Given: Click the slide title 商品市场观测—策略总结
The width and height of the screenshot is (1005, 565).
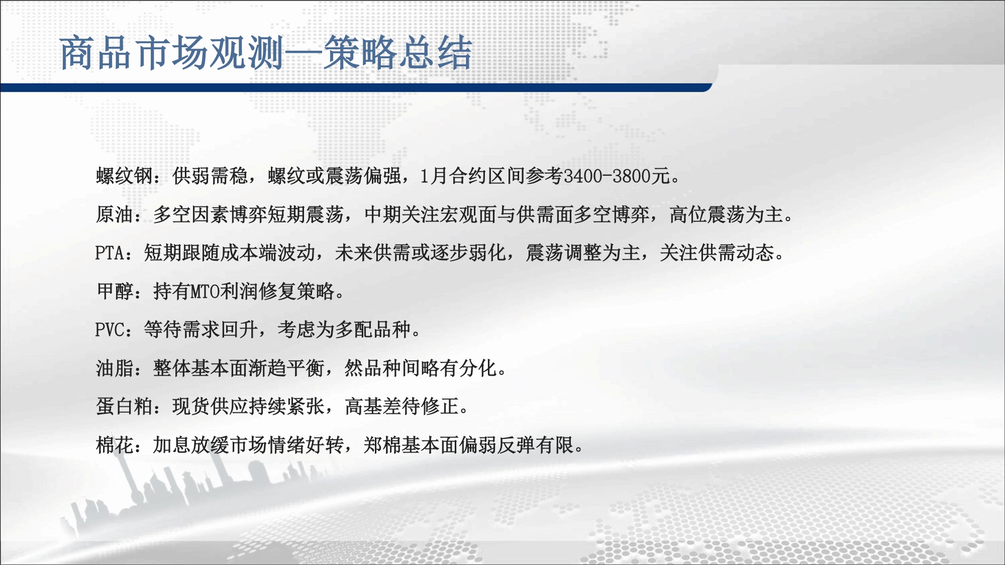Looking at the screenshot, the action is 266,53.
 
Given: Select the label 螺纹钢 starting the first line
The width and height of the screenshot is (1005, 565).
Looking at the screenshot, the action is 125,176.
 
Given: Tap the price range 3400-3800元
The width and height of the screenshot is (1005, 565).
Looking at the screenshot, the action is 617,176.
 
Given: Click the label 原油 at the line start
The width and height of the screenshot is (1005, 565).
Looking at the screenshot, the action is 115,214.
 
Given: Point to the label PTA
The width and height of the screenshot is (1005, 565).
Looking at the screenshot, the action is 110,253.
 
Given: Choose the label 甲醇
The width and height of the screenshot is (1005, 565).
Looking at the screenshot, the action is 115,291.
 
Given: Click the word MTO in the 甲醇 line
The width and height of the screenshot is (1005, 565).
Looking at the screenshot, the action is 206,291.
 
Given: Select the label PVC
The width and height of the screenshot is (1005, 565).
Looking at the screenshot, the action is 110,330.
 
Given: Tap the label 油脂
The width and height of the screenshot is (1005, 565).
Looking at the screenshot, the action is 115,368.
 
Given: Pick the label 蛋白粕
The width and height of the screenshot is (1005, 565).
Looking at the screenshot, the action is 125,406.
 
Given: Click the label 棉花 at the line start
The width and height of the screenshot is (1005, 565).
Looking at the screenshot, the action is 115,445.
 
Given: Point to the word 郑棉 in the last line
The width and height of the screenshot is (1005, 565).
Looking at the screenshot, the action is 382,445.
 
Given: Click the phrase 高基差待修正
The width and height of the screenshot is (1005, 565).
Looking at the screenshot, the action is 402,406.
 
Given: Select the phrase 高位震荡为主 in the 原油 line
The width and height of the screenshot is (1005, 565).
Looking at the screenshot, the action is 726,214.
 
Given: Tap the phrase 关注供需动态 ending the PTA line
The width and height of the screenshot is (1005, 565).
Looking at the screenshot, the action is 717,253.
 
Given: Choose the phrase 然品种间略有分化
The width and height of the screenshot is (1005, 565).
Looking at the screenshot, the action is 421,368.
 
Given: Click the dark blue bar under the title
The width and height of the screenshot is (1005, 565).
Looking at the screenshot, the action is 356,88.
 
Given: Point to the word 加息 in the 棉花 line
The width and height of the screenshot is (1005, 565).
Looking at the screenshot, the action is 172,445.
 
